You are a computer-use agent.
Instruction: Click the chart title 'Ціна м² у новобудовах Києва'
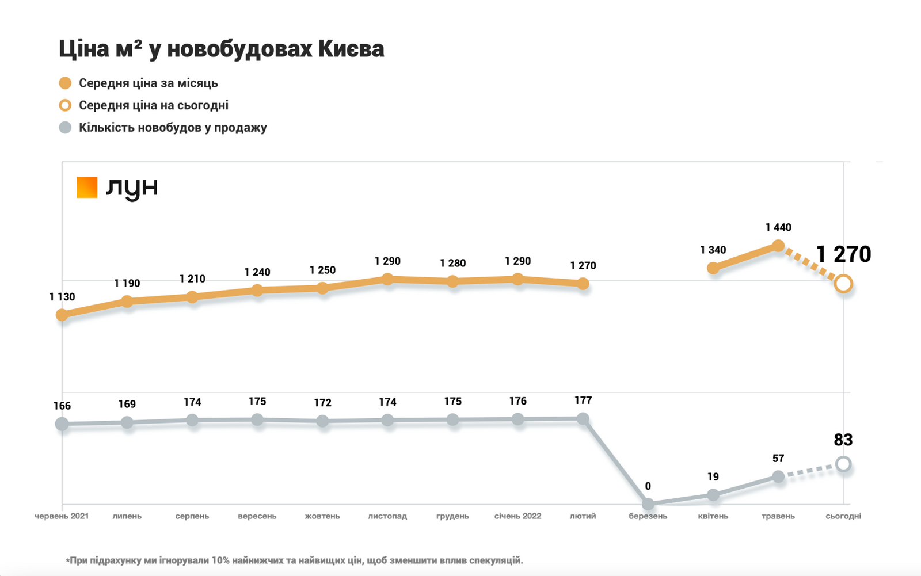pyautogui.click(x=221, y=49)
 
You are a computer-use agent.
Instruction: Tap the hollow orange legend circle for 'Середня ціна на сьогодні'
pyautogui.click(x=65, y=105)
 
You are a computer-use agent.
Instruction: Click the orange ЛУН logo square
pyautogui.click(x=87, y=187)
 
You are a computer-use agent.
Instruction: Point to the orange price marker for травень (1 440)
pyautogui.click(x=778, y=246)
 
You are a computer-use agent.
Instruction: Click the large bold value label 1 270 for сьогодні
pyautogui.click(x=843, y=254)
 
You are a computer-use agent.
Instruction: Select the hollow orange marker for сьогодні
pyautogui.click(x=843, y=284)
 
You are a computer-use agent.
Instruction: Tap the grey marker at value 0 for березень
pyautogui.click(x=648, y=504)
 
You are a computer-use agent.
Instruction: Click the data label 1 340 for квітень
pyautogui.click(x=713, y=250)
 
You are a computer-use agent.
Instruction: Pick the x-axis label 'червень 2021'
pyautogui.click(x=62, y=516)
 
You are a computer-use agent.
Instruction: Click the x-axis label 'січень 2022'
pyautogui.click(x=517, y=516)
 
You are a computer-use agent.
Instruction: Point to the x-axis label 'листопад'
pyautogui.click(x=387, y=516)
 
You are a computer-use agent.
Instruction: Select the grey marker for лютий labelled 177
pyautogui.click(x=583, y=419)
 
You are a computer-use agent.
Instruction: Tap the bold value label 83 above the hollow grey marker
pyautogui.click(x=843, y=440)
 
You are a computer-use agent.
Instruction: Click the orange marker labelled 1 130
pyautogui.click(x=62, y=315)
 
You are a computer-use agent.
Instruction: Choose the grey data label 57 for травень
pyautogui.click(x=778, y=459)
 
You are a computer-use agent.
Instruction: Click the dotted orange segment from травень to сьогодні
pyautogui.click(x=810, y=265)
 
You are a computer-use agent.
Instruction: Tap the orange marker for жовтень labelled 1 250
pyautogui.click(x=322, y=288)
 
